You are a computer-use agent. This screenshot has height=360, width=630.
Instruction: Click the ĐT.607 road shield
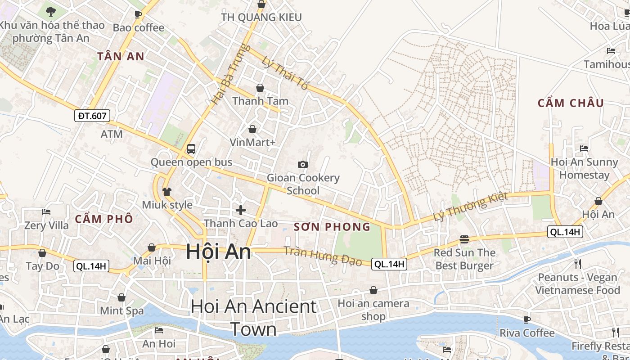point(92,116)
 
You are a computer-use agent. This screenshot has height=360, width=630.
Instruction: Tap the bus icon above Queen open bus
point(191,148)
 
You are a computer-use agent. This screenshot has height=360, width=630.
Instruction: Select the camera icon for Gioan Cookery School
point(303,164)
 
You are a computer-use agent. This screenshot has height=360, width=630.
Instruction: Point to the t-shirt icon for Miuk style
point(167,192)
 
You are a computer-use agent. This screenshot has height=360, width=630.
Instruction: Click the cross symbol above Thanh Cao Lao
point(241,210)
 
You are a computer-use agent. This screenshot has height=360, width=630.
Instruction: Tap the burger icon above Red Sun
point(464,239)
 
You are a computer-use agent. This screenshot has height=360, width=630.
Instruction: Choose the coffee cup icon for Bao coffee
point(138,14)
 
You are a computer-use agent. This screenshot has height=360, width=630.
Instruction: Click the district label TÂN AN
point(121,56)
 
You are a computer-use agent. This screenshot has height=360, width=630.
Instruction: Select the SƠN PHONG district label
point(332,227)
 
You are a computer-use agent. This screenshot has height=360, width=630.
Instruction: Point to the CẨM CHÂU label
point(571,103)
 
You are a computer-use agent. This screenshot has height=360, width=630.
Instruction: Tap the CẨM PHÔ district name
point(104,219)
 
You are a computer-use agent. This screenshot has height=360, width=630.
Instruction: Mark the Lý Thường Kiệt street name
point(470,206)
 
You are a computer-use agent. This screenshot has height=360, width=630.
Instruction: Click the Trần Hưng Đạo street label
point(323,256)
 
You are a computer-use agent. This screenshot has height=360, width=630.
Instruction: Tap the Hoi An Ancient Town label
point(253,318)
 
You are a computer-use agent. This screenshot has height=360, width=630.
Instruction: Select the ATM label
point(112,134)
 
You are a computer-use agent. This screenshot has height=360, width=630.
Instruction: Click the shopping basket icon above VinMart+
point(252,129)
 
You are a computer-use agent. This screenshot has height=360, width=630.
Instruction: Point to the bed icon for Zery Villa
point(46,211)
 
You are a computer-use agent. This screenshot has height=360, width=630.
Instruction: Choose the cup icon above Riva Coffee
point(527,319)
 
